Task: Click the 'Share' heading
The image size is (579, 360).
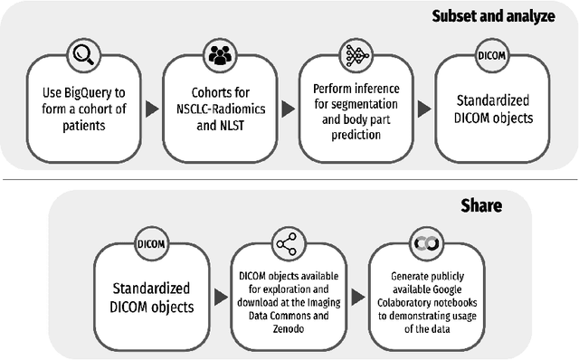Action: click(481, 206)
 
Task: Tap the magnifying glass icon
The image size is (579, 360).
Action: click(83, 55)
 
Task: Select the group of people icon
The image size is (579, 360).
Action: click(220, 55)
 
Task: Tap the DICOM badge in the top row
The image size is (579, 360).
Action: click(492, 55)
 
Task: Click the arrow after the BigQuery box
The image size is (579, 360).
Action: click(152, 109)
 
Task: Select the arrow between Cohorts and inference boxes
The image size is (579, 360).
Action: click(289, 109)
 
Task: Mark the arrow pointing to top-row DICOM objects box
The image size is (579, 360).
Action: click(424, 109)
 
